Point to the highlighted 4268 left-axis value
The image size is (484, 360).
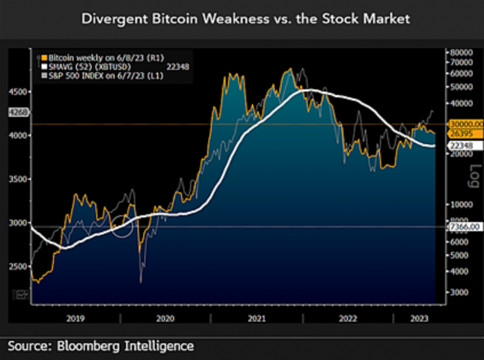16,113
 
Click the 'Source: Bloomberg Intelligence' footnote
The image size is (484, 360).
101,346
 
